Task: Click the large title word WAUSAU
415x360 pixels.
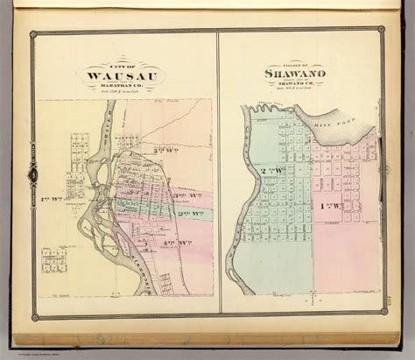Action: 122,75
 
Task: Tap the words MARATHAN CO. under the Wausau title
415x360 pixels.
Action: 122,85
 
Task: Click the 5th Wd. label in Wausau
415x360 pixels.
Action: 162,150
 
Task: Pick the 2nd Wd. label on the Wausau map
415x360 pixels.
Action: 186,213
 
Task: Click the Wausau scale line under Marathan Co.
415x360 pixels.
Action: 122,92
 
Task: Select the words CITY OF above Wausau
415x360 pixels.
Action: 122,66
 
